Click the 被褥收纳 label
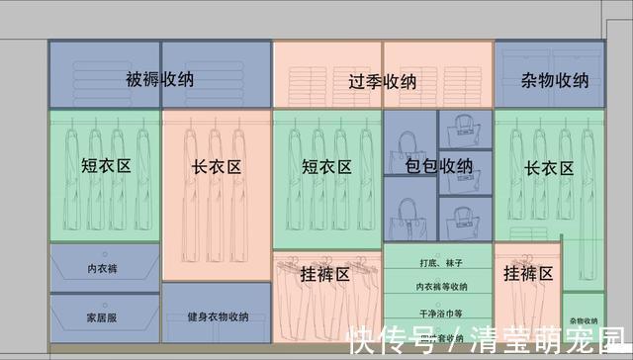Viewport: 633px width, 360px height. tap(159, 78)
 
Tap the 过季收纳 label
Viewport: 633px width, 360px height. tap(383, 80)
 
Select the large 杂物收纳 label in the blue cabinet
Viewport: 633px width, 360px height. tap(554, 80)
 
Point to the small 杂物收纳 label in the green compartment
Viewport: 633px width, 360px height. tap(583, 320)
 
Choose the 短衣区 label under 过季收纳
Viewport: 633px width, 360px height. tap(327, 167)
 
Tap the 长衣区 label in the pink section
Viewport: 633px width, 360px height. tap(217, 167)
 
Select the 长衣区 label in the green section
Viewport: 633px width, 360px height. tap(549, 167)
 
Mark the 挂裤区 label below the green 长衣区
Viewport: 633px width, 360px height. tap(527, 273)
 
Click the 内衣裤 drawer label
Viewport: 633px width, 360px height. tap(104, 268)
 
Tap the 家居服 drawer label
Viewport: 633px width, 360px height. tap(103, 318)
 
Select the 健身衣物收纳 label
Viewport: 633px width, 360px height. tap(217, 317)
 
